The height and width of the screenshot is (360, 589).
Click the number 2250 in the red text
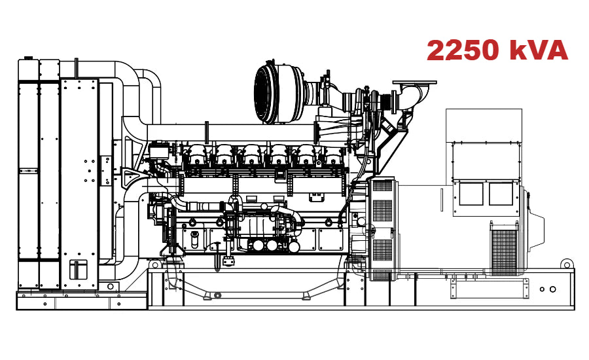pyautogui.click(x=463, y=50)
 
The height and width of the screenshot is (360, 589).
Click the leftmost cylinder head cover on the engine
pyautogui.click(x=196, y=156)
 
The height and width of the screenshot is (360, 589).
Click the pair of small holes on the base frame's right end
pyautogui.click(x=548, y=289)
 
